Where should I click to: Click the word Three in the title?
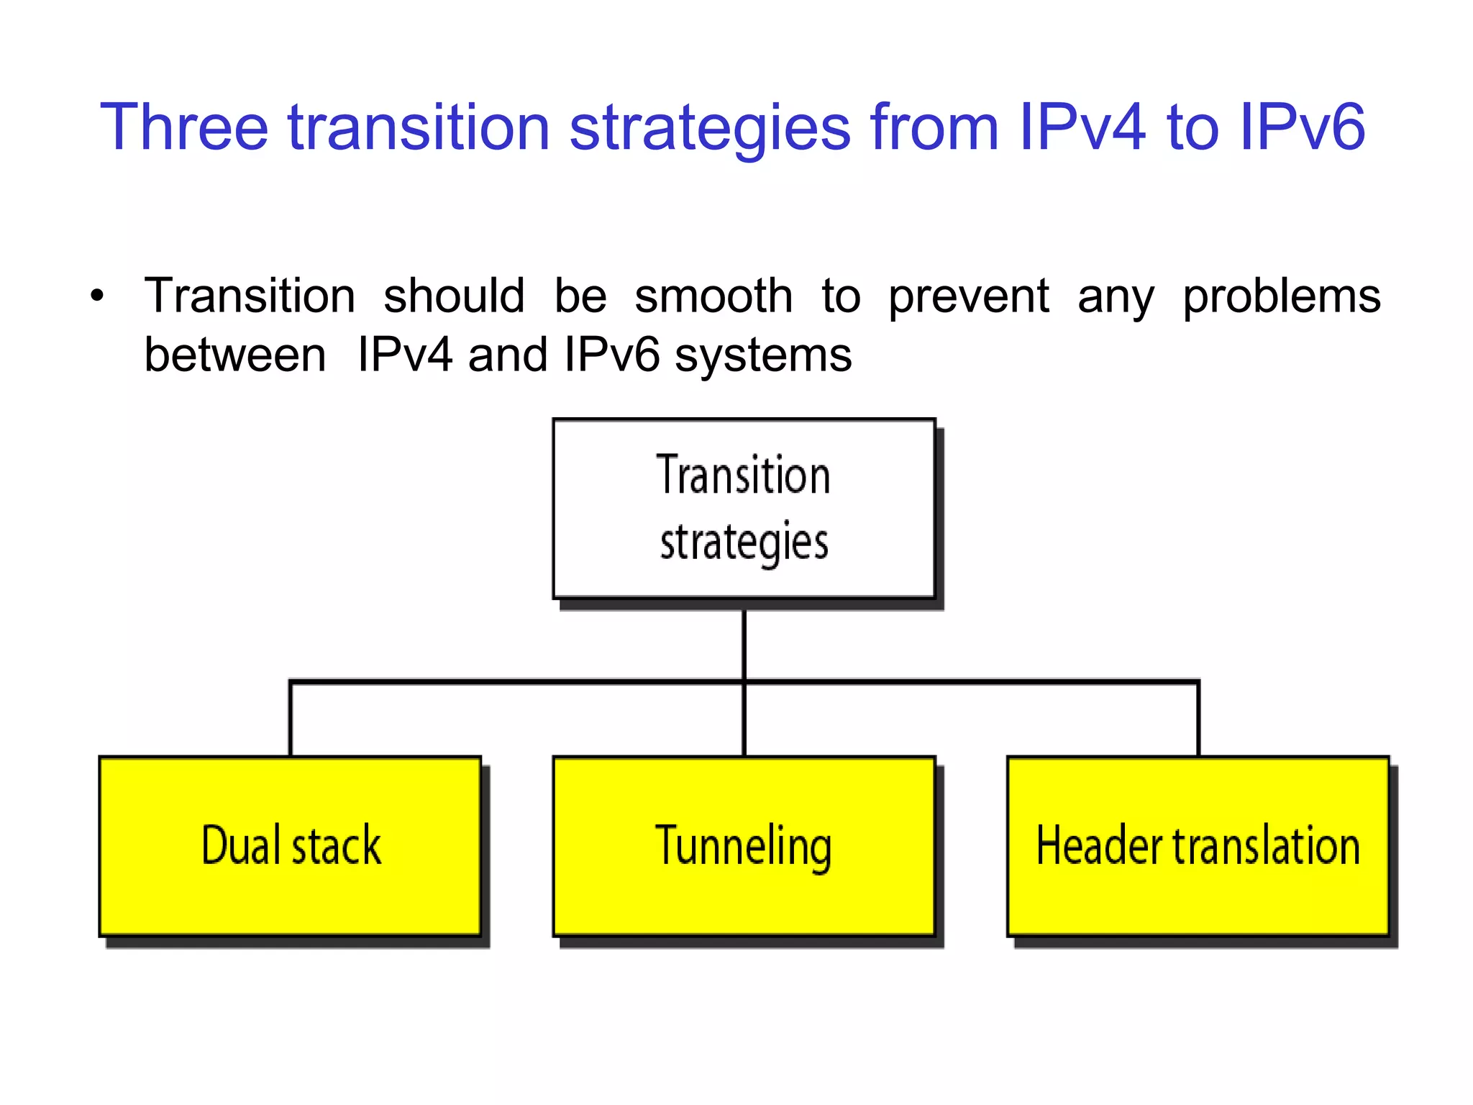click(184, 127)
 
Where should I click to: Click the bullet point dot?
click(97, 296)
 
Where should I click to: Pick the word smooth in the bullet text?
click(713, 296)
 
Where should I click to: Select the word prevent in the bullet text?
click(969, 297)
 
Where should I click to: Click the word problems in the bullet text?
click(1282, 297)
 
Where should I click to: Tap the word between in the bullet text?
click(235, 355)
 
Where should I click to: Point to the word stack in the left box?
click(337, 845)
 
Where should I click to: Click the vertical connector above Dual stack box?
click(291, 719)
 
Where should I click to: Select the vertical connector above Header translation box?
click(1198, 719)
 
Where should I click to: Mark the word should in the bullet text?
click(454, 296)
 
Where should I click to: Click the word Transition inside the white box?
click(744, 476)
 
